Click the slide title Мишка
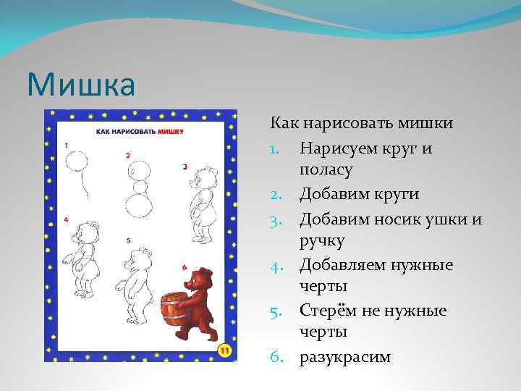point(80,84)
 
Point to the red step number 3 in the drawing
point(185,167)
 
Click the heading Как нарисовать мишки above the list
point(362,124)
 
